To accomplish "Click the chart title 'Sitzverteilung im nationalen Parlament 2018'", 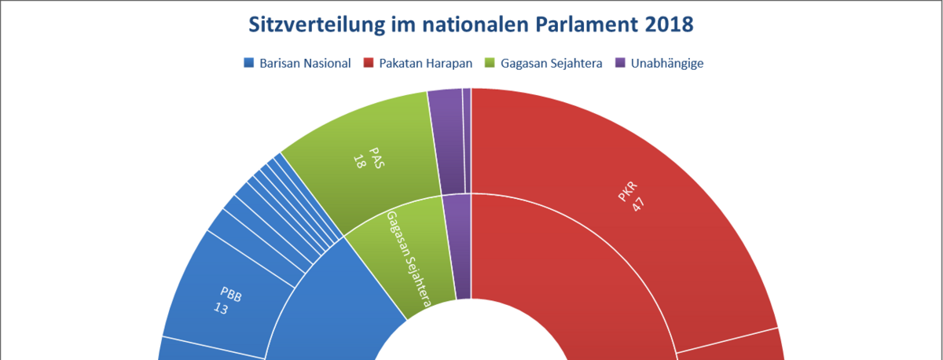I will pos(471,24).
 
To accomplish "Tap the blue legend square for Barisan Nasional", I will pos(250,63).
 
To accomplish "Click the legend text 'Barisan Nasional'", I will pos(305,63).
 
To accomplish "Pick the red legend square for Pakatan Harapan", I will pos(368,63).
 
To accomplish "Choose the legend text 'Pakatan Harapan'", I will pos(425,63).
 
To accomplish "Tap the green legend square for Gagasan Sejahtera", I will pos(491,63).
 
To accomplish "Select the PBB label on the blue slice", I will pos(231,297).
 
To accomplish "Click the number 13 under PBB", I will pos(222,310).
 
